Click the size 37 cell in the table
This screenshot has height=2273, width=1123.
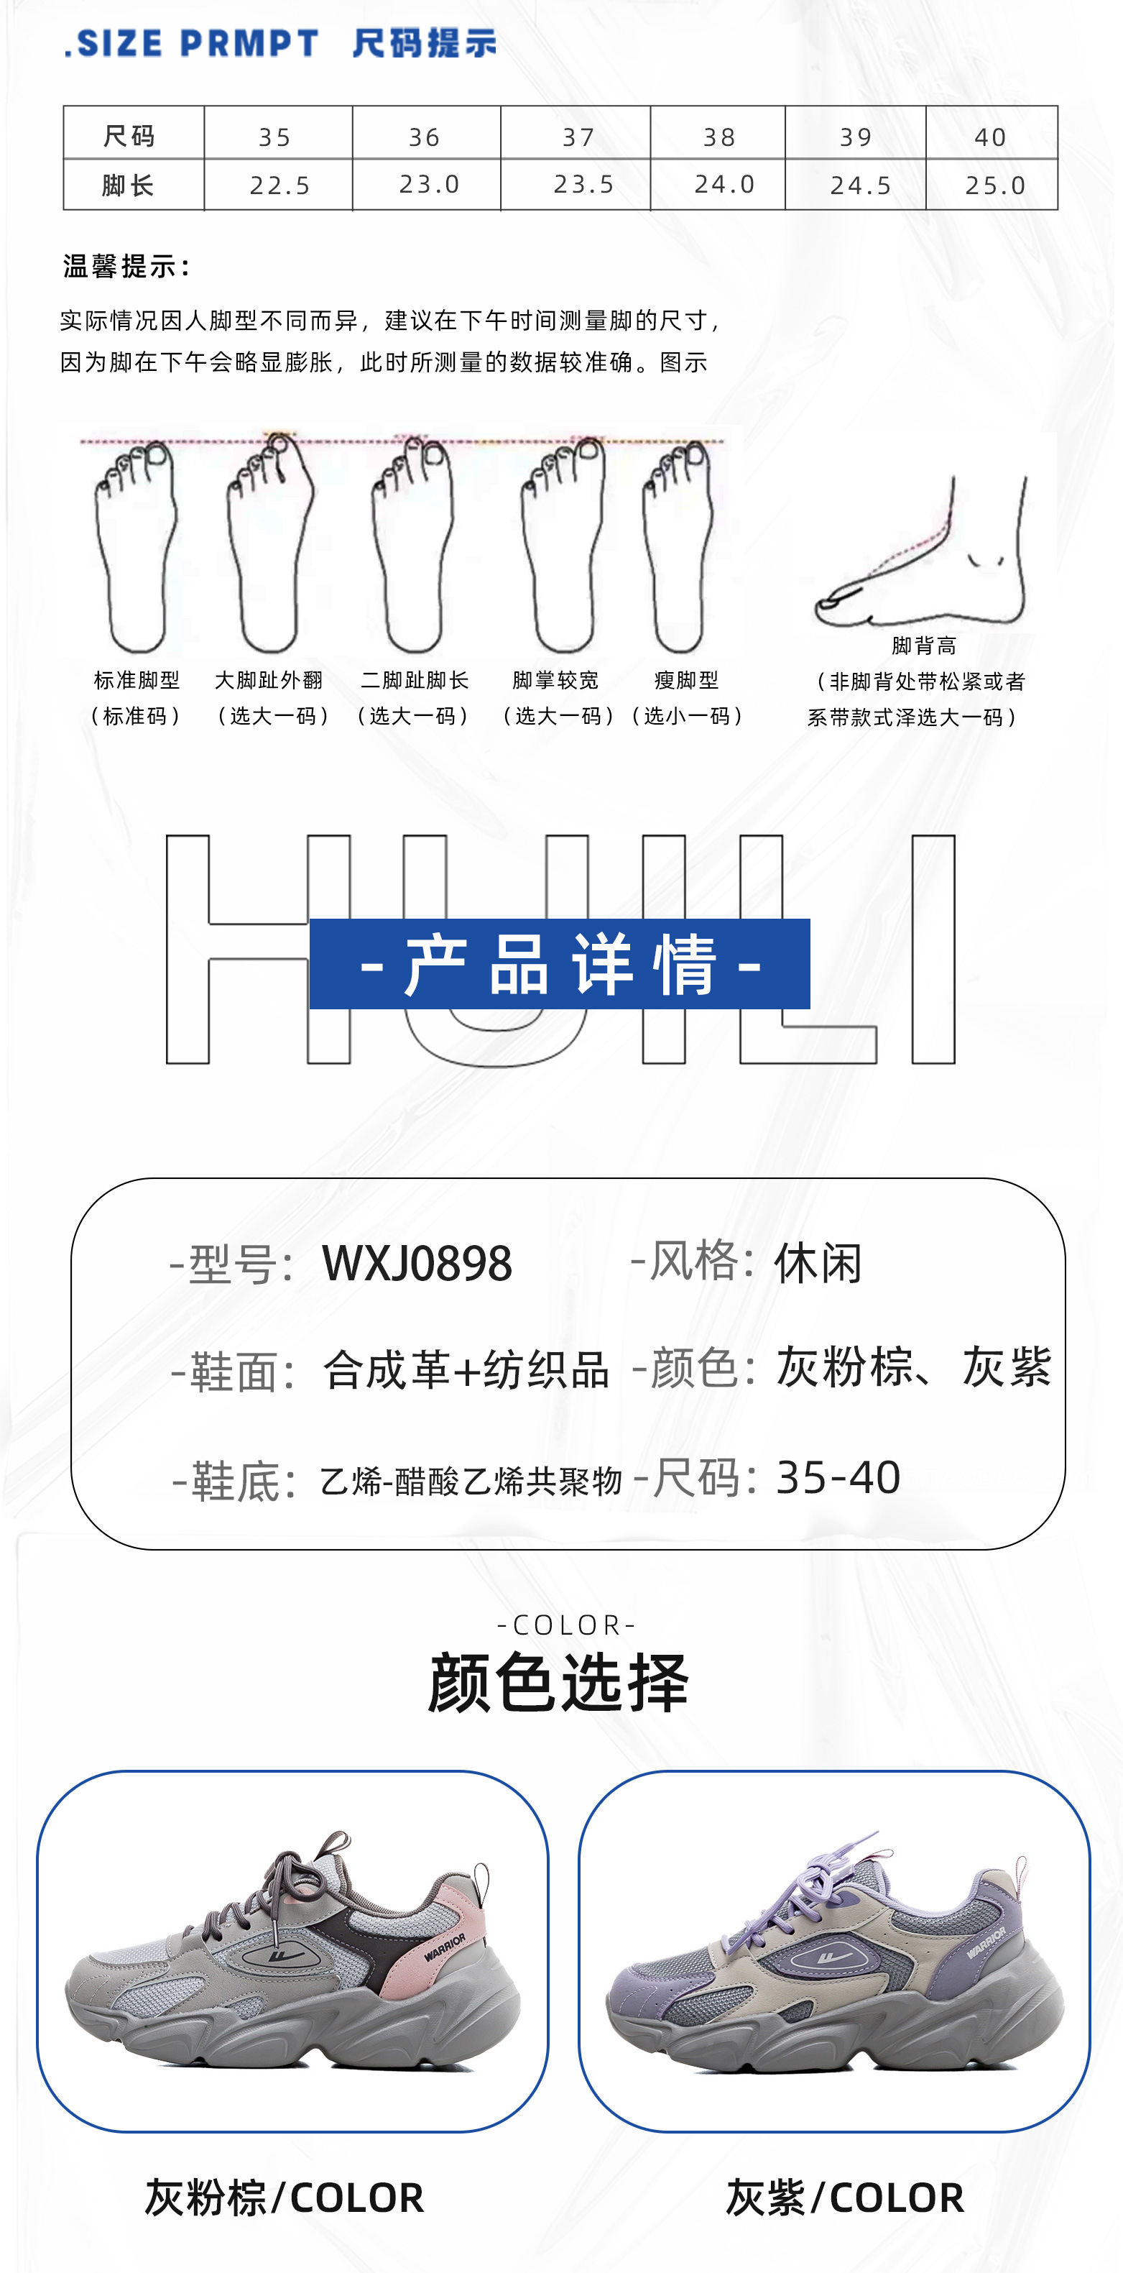(x=578, y=137)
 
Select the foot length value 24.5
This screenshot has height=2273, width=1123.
(x=860, y=185)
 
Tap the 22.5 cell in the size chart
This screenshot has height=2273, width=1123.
(x=279, y=185)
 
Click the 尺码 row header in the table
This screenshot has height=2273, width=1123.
(x=129, y=136)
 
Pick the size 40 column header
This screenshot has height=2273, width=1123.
(x=990, y=137)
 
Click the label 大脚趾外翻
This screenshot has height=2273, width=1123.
(x=269, y=680)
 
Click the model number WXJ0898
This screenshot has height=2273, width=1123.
(x=417, y=1263)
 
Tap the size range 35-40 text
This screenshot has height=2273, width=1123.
(x=838, y=1477)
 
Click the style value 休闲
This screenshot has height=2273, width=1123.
(x=818, y=1263)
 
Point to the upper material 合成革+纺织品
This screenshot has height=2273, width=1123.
(x=466, y=1370)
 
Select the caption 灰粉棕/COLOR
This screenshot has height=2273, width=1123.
(x=284, y=2197)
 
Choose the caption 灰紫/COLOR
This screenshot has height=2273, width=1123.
(x=844, y=2197)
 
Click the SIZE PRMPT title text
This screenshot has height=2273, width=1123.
(x=193, y=43)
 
